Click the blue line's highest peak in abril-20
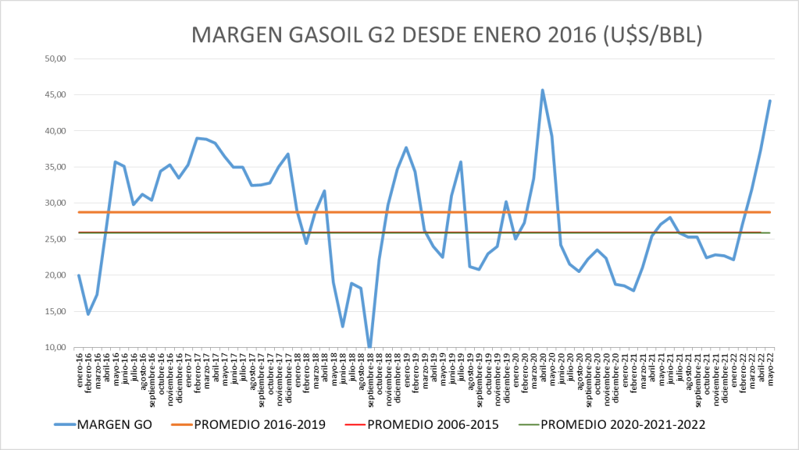[543, 90]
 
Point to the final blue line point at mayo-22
[769, 101]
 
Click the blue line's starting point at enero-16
[79, 275]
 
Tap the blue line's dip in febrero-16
[88, 314]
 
